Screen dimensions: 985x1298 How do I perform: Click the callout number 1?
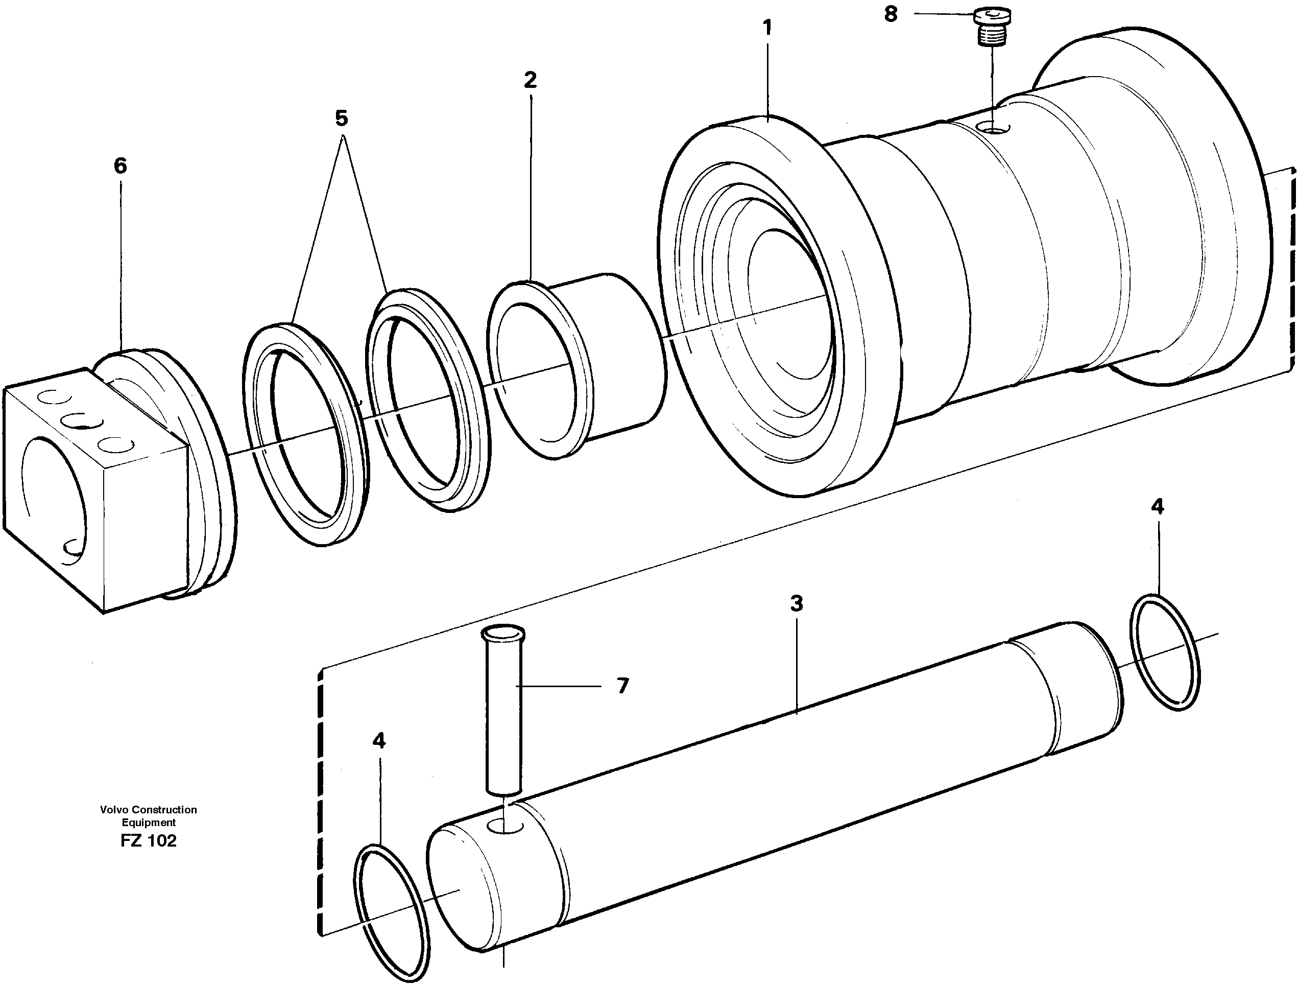tap(767, 28)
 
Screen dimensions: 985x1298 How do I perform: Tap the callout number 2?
tap(530, 80)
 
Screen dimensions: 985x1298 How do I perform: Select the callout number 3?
tap(796, 603)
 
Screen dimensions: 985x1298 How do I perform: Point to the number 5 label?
tap(342, 119)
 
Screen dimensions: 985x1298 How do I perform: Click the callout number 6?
tap(121, 166)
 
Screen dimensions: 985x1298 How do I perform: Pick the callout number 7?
tap(622, 686)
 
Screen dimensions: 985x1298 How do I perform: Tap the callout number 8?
tap(891, 15)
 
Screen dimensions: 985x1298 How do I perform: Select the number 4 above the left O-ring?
tap(379, 741)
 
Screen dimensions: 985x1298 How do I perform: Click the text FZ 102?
tap(148, 841)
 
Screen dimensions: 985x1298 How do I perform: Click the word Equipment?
tap(149, 823)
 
